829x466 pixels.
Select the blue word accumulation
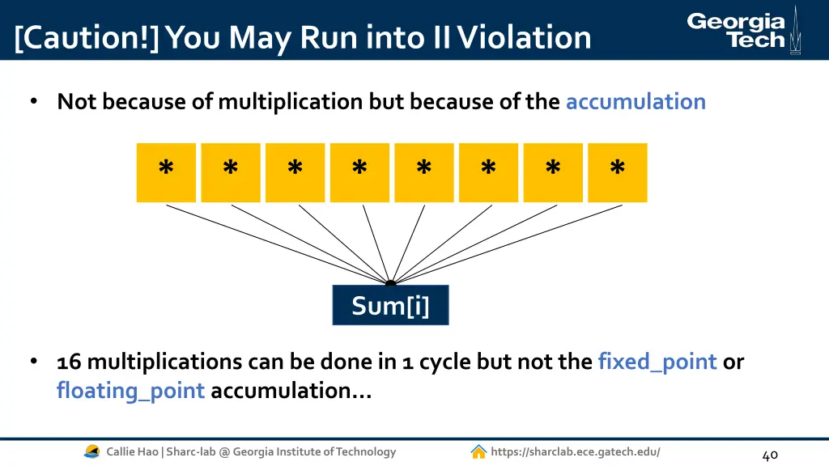pos(636,102)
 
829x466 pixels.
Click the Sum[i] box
pos(390,306)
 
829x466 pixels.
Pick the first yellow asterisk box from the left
pos(166,172)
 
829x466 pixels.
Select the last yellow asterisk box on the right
pos(617,172)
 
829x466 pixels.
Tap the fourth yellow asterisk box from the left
pos(359,172)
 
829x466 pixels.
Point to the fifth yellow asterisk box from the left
pos(424,172)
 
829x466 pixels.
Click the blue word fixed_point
pos(657,362)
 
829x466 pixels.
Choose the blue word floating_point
pos(130,391)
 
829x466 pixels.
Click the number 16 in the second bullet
pos(69,362)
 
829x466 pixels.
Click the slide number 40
pos(770,455)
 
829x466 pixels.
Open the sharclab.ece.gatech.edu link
pos(575,451)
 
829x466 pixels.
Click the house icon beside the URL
pos(478,451)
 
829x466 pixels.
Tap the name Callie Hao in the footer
pos(133,451)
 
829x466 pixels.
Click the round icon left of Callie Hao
pos(92,451)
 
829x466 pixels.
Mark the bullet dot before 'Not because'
pos(34,102)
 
